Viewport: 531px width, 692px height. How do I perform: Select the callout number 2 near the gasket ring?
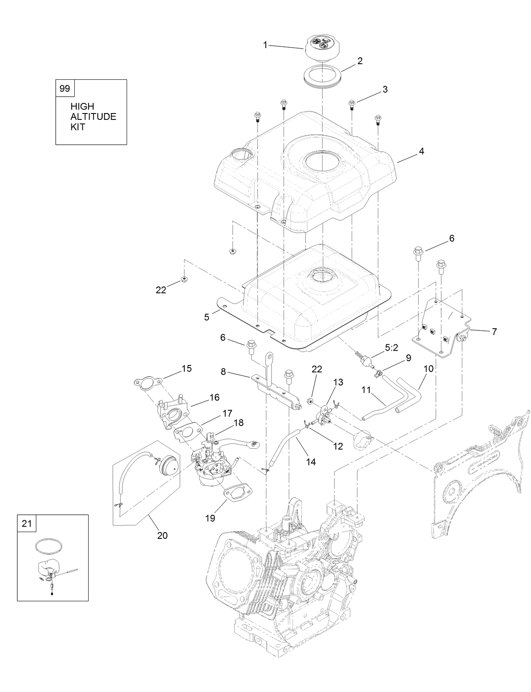pos(360,61)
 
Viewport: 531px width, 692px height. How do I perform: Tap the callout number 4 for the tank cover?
pos(385,89)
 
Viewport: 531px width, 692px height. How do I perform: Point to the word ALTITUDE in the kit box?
pos(93,117)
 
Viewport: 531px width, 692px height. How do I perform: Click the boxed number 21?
pos(27,524)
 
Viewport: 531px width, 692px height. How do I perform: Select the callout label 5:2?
pos(391,348)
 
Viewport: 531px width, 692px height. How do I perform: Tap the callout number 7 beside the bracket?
pos(494,331)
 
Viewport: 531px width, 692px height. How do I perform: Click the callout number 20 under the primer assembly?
pos(162,535)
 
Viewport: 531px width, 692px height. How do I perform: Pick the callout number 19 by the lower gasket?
pos(210,518)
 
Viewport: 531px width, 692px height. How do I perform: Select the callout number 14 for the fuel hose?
pos(311,462)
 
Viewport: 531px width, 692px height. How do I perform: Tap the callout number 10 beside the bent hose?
pos(428,368)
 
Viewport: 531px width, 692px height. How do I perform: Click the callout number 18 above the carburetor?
pos(239,422)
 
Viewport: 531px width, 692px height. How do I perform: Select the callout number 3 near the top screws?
pos(385,89)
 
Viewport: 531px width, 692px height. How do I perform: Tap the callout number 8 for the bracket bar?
pos(223,372)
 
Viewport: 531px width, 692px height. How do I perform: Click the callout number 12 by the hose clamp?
pos(338,446)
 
